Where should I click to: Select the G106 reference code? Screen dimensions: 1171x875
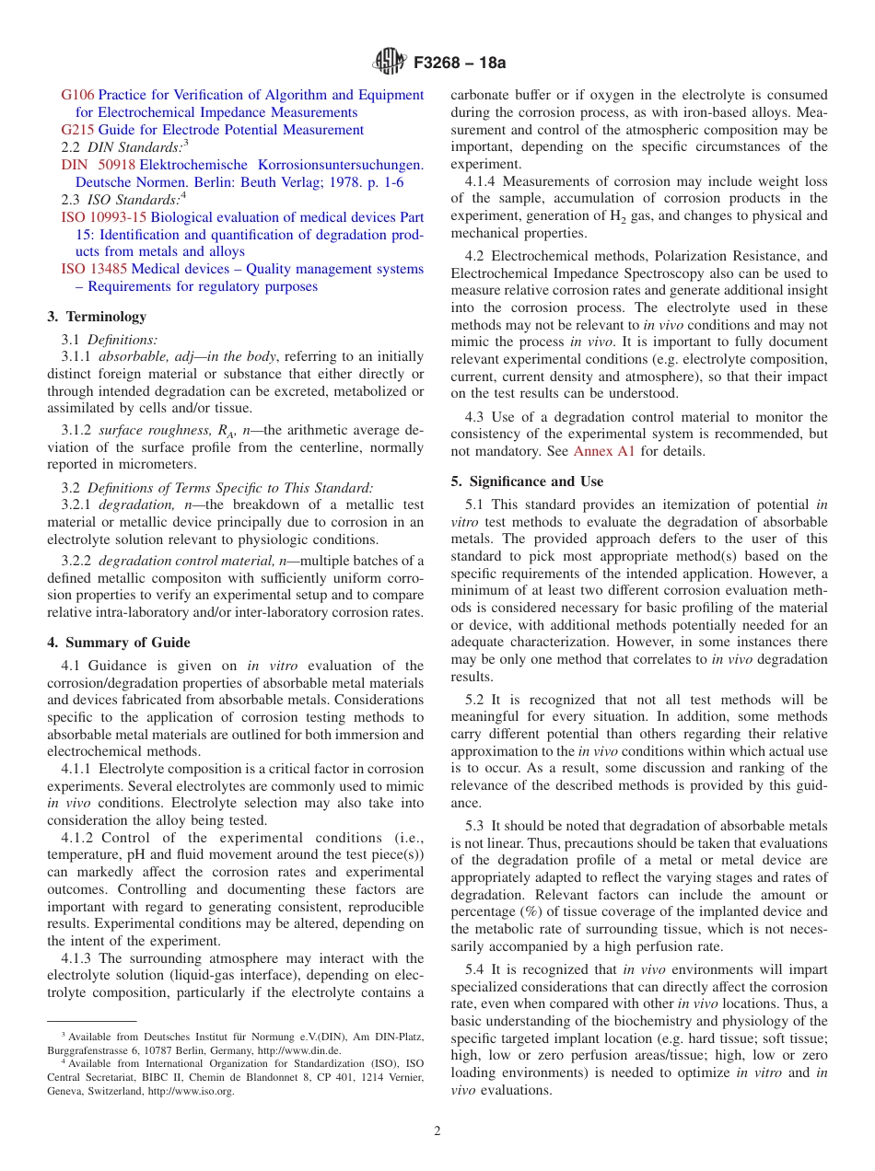point(77,95)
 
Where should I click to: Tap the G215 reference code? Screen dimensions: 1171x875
point(77,130)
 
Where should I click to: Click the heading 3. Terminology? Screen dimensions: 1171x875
point(97,317)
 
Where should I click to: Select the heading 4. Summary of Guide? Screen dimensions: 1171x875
point(119,643)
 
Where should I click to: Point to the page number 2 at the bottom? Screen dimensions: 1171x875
point(437,1131)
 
